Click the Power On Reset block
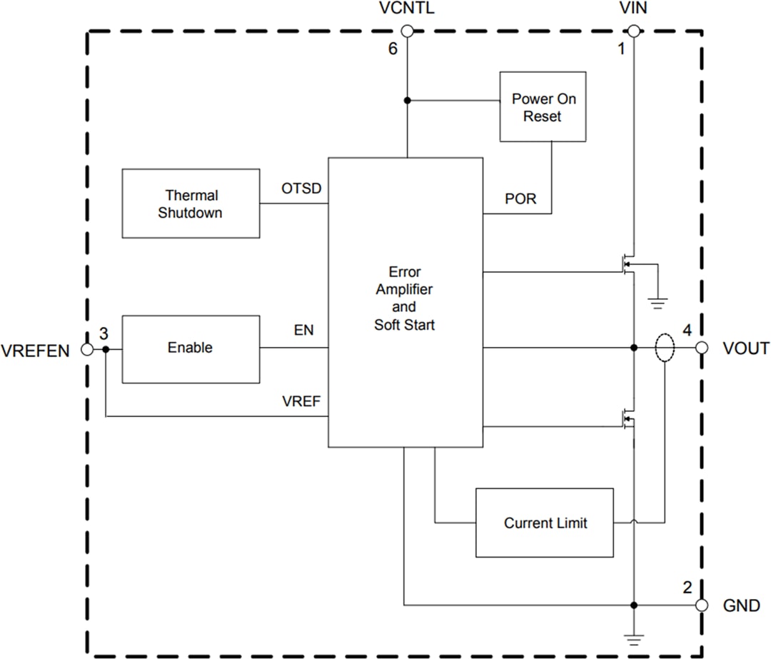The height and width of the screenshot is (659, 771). pyautogui.click(x=543, y=106)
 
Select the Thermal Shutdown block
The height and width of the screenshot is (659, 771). pyautogui.click(x=191, y=203)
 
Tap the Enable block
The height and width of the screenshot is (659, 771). pyautogui.click(x=191, y=348)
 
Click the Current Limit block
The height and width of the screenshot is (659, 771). pyautogui.click(x=545, y=523)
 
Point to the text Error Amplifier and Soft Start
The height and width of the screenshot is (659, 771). pyautogui.click(x=404, y=298)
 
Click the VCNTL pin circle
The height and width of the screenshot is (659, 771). pyautogui.click(x=407, y=31)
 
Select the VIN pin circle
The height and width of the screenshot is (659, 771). pyautogui.click(x=633, y=31)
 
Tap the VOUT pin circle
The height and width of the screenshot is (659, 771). pyautogui.click(x=702, y=348)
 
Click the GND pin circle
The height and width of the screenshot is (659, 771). pyautogui.click(x=702, y=605)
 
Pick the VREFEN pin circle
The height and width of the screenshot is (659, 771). pyautogui.click(x=87, y=349)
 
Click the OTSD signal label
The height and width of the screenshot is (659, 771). pyautogui.click(x=301, y=188)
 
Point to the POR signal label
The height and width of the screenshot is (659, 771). pyautogui.click(x=520, y=199)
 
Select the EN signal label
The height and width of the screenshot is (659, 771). pyautogui.click(x=303, y=330)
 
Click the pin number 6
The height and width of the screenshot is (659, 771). pyautogui.click(x=392, y=49)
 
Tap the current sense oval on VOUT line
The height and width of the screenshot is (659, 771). pyautogui.click(x=664, y=348)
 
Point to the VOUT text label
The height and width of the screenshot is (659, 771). pyautogui.click(x=746, y=348)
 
